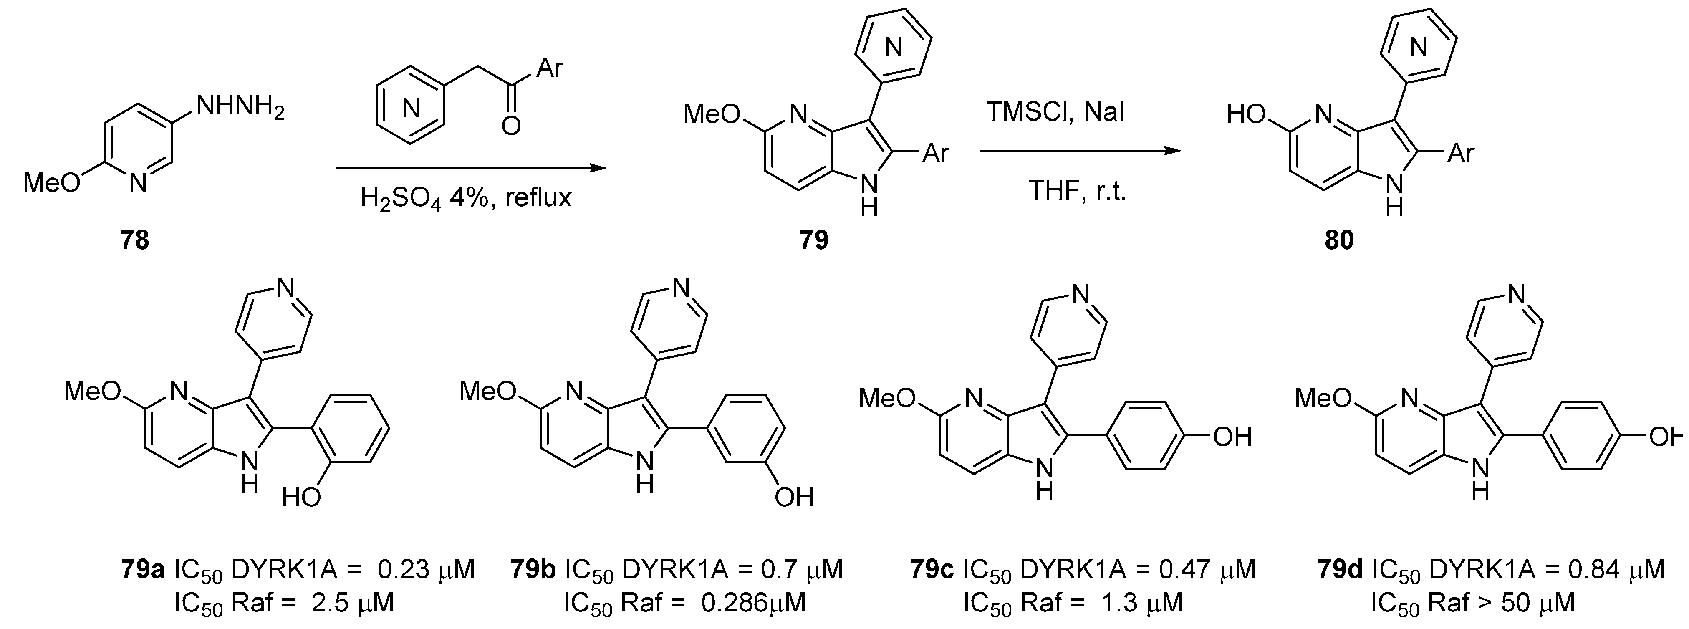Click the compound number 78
pos(134,241)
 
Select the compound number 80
pos(1339,241)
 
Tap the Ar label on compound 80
pos(1461,154)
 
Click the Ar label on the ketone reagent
pos(550,68)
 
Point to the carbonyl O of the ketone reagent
pos(511,125)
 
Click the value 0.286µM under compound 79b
pos(753,603)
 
